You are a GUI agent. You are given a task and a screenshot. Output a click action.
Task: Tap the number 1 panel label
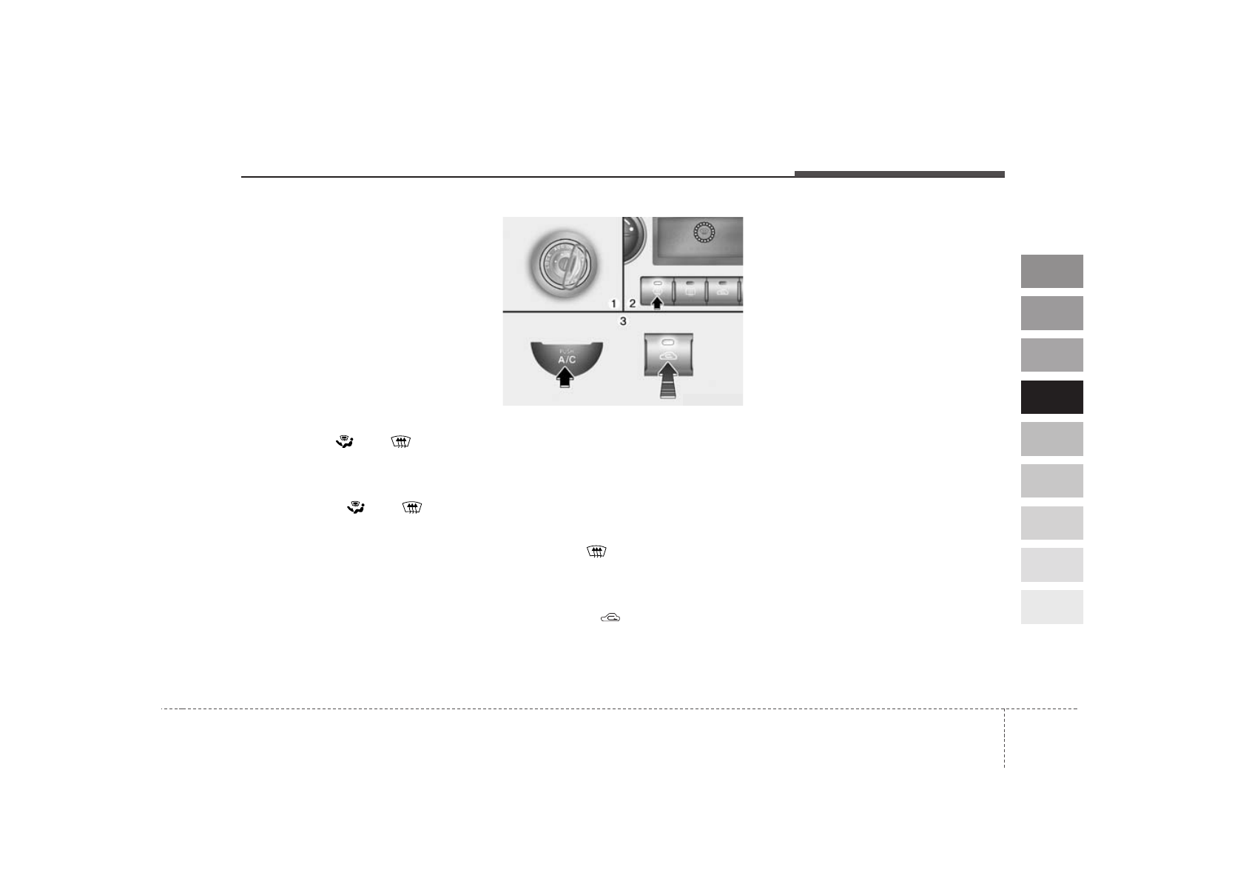(x=613, y=304)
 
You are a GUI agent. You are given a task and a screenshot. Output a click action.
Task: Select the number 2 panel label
(x=632, y=304)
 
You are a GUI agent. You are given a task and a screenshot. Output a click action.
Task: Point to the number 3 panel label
(x=623, y=321)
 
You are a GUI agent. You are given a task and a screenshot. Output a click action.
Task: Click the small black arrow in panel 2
(x=657, y=303)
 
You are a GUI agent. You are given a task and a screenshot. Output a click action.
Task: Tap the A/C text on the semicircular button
(x=567, y=360)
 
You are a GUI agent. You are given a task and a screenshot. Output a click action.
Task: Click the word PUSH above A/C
(x=566, y=352)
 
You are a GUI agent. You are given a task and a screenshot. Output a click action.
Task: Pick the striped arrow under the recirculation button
(x=667, y=381)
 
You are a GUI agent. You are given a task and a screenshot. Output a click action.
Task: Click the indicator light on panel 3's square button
(x=668, y=342)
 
